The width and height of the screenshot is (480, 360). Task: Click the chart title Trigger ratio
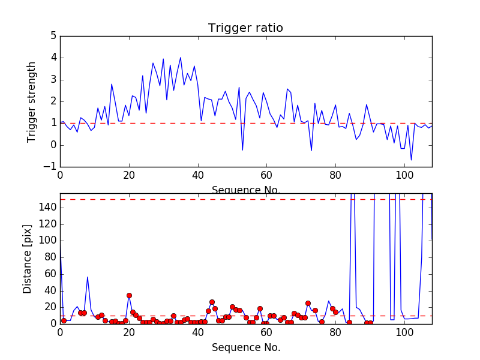tap(245, 28)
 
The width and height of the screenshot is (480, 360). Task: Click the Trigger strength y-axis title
tap(32, 101)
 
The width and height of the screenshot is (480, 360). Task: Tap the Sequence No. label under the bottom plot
tap(245, 347)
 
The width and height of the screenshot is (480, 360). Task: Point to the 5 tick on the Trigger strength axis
tap(53, 36)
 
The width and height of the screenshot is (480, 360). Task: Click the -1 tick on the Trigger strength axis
tap(50, 167)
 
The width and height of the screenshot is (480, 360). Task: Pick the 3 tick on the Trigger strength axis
tap(53, 80)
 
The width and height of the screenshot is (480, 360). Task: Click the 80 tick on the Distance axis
tap(49, 257)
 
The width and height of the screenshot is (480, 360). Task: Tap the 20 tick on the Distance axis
tap(49, 307)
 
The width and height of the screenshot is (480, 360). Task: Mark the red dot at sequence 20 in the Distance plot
tap(129, 295)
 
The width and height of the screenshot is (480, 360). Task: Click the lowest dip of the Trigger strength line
tap(411, 160)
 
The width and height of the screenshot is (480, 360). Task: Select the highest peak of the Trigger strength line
tap(181, 58)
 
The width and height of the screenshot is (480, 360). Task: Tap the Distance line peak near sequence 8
tap(88, 277)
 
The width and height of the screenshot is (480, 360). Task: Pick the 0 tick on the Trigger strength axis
tap(53, 145)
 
